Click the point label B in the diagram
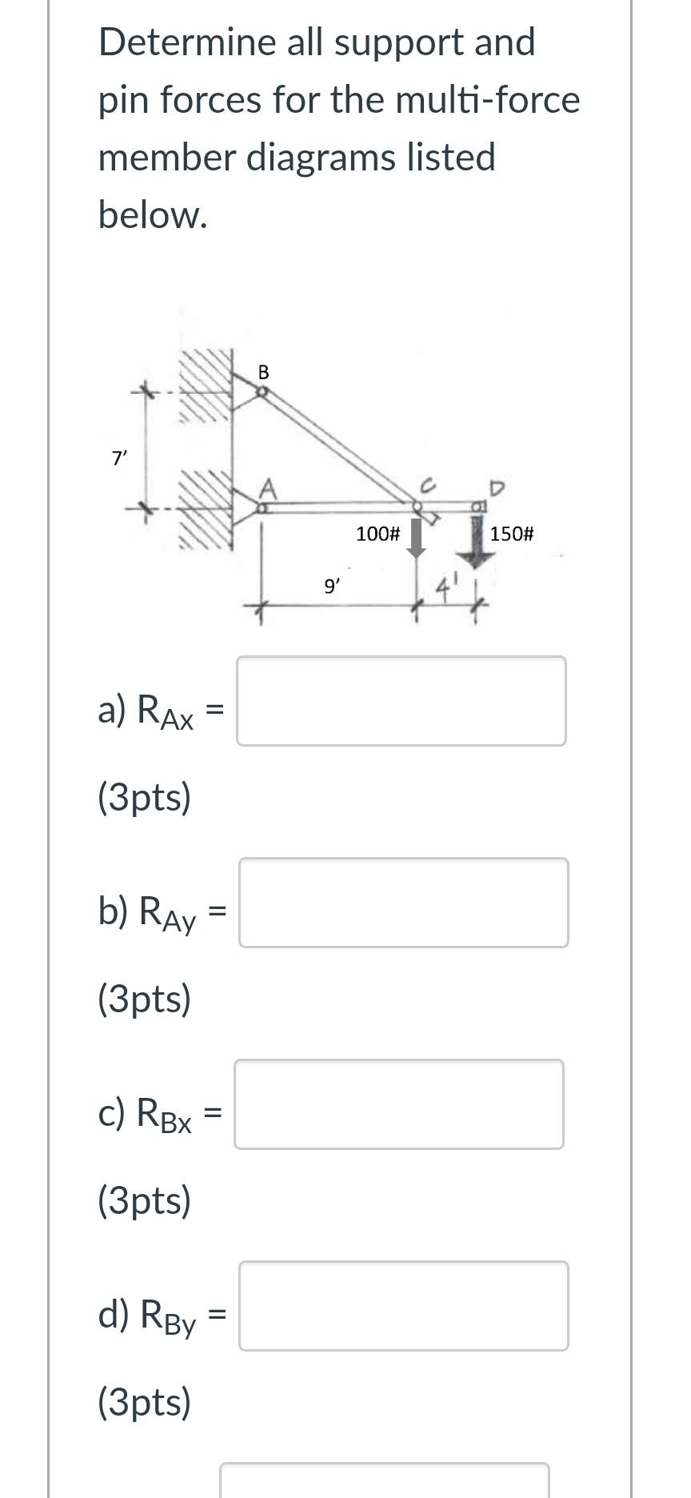(264, 372)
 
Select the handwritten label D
(497, 487)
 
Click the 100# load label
(377, 534)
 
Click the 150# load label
(512, 534)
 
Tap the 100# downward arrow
(416, 539)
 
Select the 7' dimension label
(119, 459)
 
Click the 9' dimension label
(331, 587)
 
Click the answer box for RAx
(401, 701)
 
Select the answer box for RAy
(403, 903)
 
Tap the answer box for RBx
(398, 1104)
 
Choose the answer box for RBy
(403, 1306)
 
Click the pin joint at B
(262, 392)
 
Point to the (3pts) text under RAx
(145, 797)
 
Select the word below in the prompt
(152, 214)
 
